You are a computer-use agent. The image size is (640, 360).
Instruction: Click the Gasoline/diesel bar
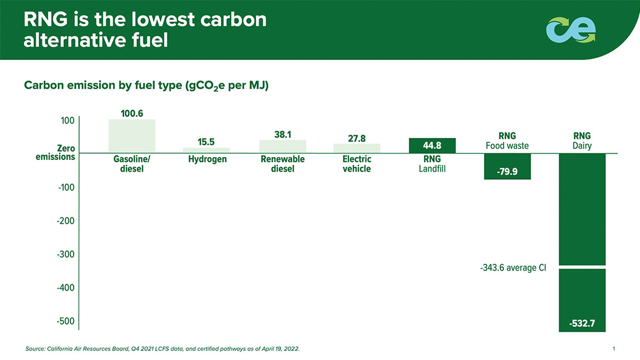[132, 136]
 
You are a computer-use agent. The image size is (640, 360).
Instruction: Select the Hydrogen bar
[206, 150]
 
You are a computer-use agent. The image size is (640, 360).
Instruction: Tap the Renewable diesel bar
[283, 146]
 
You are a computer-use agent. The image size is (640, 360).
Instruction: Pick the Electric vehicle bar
[357, 148]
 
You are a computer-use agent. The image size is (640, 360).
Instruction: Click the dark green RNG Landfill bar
[432, 146]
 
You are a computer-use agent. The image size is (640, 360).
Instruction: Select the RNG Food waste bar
[507, 166]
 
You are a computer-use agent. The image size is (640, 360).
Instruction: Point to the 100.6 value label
[132, 113]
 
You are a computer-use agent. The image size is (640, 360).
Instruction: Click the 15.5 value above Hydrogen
[206, 142]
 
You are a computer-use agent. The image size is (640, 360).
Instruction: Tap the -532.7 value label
[582, 323]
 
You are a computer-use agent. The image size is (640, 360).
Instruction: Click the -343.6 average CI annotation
[513, 268]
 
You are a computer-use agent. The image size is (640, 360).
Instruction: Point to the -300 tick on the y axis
[65, 254]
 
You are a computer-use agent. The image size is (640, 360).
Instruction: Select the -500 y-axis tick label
[65, 321]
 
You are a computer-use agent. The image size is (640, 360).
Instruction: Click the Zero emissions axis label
[56, 152]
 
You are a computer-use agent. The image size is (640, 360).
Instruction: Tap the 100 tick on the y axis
[67, 120]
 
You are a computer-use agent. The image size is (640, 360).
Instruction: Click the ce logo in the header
[571, 30]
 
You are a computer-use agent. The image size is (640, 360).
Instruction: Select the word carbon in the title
[233, 19]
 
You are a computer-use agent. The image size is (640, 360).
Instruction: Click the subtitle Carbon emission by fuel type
[146, 85]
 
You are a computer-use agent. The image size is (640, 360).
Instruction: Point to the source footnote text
[162, 349]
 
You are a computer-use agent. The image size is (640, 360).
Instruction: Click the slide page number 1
[614, 349]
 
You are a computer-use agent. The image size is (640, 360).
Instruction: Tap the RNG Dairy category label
[582, 141]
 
